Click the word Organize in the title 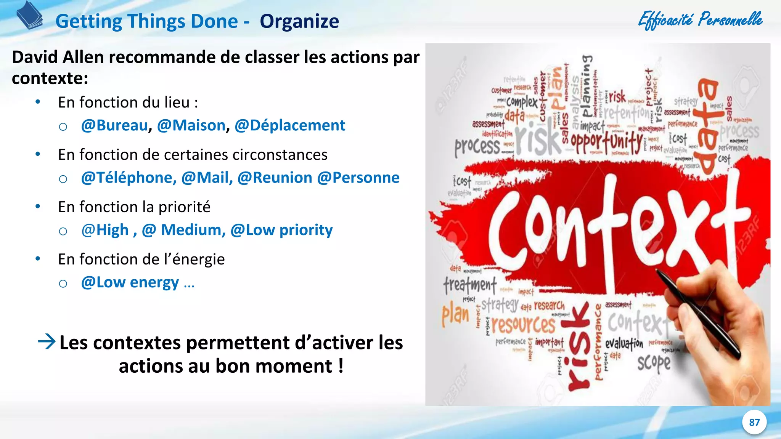(x=299, y=21)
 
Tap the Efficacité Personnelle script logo (x=700, y=20)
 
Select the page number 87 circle (x=754, y=422)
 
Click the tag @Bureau (x=114, y=125)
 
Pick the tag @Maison (x=191, y=125)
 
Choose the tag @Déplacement (x=290, y=125)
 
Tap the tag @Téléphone (x=129, y=178)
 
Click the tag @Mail (x=207, y=178)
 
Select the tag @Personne (x=358, y=178)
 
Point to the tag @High (x=105, y=230)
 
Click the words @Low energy (x=130, y=282)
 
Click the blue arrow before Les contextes (x=47, y=341)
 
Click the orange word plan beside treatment (x=455, y=315)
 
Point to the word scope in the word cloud (x=654, y=363)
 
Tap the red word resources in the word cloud (x=523, y=325)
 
